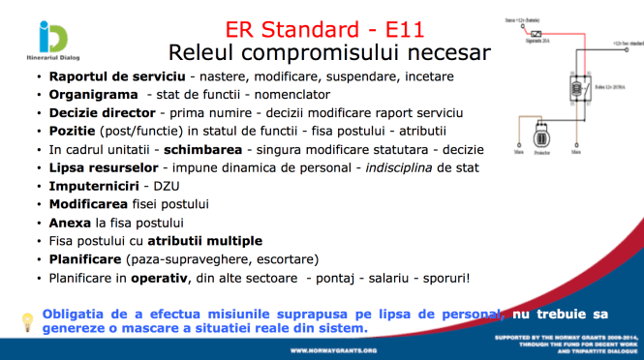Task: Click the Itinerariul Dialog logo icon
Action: coord(52,38)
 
